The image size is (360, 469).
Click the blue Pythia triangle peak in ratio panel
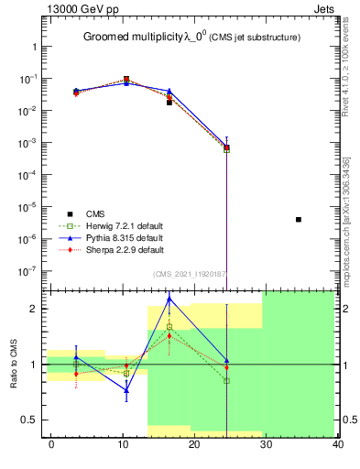click(169, 299)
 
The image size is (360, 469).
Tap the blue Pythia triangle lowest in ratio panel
click(126, 390)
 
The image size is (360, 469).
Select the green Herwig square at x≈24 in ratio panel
click(226, 380)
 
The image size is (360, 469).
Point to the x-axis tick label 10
click(123, 443)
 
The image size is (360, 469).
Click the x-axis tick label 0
click(51, 443)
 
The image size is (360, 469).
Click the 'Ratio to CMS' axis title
click(13, 364)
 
